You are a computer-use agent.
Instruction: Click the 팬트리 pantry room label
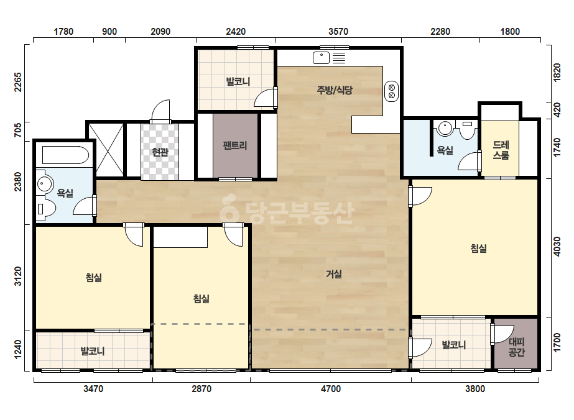tap(235, 145)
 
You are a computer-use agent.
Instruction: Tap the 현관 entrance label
tap(160, 152)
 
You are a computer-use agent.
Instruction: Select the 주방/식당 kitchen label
tap(335, 90)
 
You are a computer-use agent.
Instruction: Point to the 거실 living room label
tap(334, 273)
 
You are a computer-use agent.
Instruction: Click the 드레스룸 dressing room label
tap(501, 150)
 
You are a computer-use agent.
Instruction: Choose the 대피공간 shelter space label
tap(517, 347)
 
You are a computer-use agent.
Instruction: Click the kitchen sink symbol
tap(322, 58)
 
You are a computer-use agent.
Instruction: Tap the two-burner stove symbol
tap(391, 91)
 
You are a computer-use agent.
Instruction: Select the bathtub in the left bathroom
tap(65, 155)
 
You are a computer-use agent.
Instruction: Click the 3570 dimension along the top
tap(338, 32)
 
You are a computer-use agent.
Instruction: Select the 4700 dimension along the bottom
tap(331, 388)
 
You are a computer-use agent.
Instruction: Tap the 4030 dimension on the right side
tap(557, 247)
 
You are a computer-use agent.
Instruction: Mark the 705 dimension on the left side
tap(17, 130)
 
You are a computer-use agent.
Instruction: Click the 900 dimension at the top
tap(109, 32)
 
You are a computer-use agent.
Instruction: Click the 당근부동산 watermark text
tap(287, 211)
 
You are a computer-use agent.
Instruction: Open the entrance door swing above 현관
tap(161, 111)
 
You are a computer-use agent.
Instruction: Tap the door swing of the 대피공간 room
tap(501, 334)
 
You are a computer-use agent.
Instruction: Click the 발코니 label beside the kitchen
tap(238, 81)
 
